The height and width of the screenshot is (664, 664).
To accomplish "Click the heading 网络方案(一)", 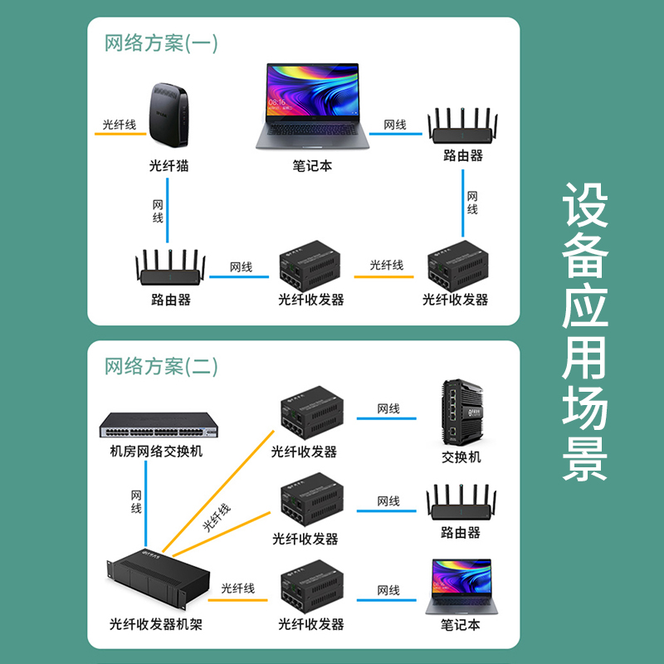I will (x=161, y=43).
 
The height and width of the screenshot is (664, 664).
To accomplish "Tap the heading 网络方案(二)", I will (x=161, y=365).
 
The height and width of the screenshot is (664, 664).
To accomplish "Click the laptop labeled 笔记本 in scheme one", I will (x=312, y=105).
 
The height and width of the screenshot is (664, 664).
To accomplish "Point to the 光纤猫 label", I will (x=168, y=165).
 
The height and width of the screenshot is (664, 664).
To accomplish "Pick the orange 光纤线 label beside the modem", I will (x=118, y=124).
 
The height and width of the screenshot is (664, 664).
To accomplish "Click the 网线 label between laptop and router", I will (x=395, y=124).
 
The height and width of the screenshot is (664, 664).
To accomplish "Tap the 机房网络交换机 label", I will (x=156, y=452).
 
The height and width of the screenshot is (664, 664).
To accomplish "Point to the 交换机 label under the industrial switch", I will (x=461, y=456).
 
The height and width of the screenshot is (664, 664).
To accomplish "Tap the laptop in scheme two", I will (x=461, y=586).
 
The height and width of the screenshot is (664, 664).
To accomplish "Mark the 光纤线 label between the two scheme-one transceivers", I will (x=386, y=265).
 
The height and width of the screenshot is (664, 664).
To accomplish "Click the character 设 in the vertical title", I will (x=586, y=205).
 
